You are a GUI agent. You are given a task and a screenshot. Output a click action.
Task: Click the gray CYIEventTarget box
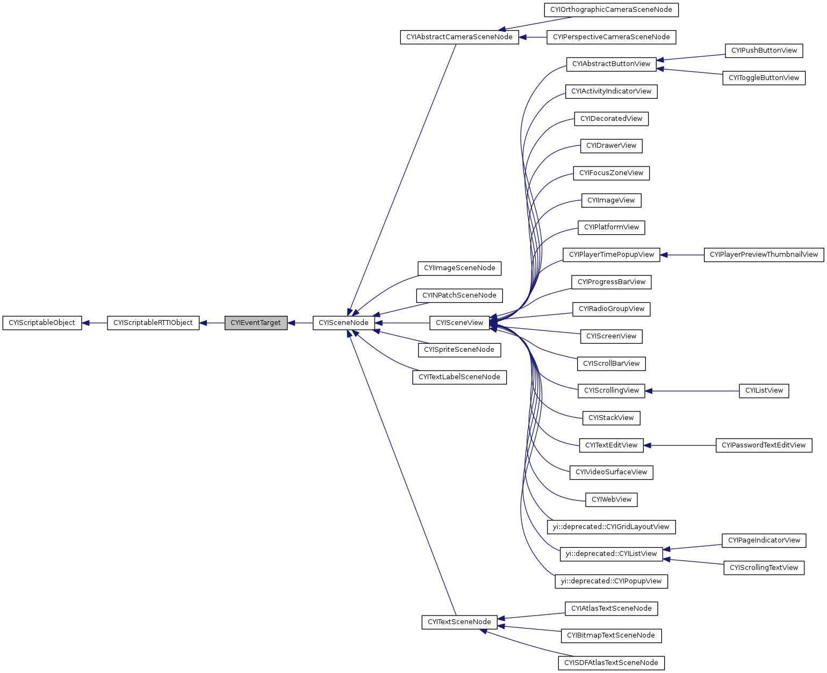tap(256, 323)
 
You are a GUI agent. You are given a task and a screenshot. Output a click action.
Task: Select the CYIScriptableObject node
tap(42, 323)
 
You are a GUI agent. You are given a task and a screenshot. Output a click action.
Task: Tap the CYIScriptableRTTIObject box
tap(153, 323)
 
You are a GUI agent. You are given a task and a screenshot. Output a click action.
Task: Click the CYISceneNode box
tap(343, 323)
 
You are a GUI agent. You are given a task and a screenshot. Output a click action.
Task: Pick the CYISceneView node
tap(459, 323)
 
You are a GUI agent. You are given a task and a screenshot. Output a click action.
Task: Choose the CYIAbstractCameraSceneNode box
tap(459, 37)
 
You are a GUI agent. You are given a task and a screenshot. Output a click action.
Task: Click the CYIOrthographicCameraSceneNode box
tap(611, 10)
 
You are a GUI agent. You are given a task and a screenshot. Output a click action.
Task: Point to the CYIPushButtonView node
tap(764, 50)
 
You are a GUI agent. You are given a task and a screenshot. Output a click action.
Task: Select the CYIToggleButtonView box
tap(764, 78)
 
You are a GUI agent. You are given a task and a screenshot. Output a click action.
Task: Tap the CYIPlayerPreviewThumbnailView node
tap(764, 255)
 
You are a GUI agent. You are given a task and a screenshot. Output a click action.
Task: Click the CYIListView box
tap(764, 391)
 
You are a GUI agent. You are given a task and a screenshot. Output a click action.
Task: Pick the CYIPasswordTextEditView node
tap(764, 445)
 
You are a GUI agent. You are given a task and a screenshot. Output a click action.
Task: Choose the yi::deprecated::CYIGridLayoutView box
tap(611, 527)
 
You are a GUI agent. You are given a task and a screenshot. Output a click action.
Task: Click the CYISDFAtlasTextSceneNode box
tap(611, 663)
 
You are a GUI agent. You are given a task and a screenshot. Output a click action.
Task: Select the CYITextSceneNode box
tap(459, 622)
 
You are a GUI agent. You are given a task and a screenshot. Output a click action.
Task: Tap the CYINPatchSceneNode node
tap(459, 295)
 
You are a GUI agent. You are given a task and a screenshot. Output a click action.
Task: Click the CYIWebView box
tap(611, 500)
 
